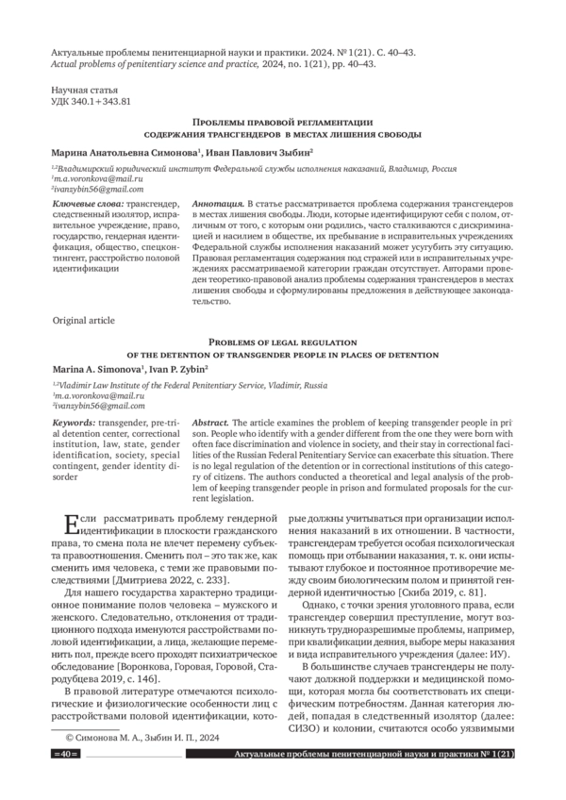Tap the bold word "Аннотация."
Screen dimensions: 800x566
point(217,204)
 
